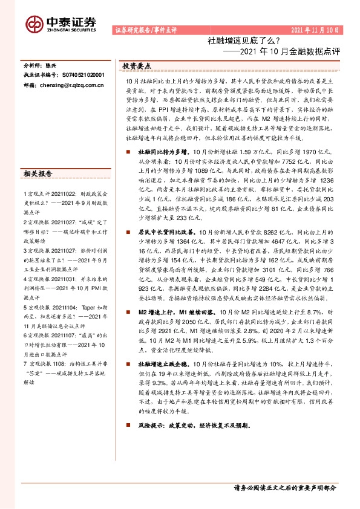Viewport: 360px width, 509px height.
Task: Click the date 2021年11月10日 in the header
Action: coord(315,30)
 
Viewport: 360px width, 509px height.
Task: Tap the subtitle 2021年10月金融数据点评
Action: coord(292,52)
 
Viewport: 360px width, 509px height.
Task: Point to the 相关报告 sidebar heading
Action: coord(39,173)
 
